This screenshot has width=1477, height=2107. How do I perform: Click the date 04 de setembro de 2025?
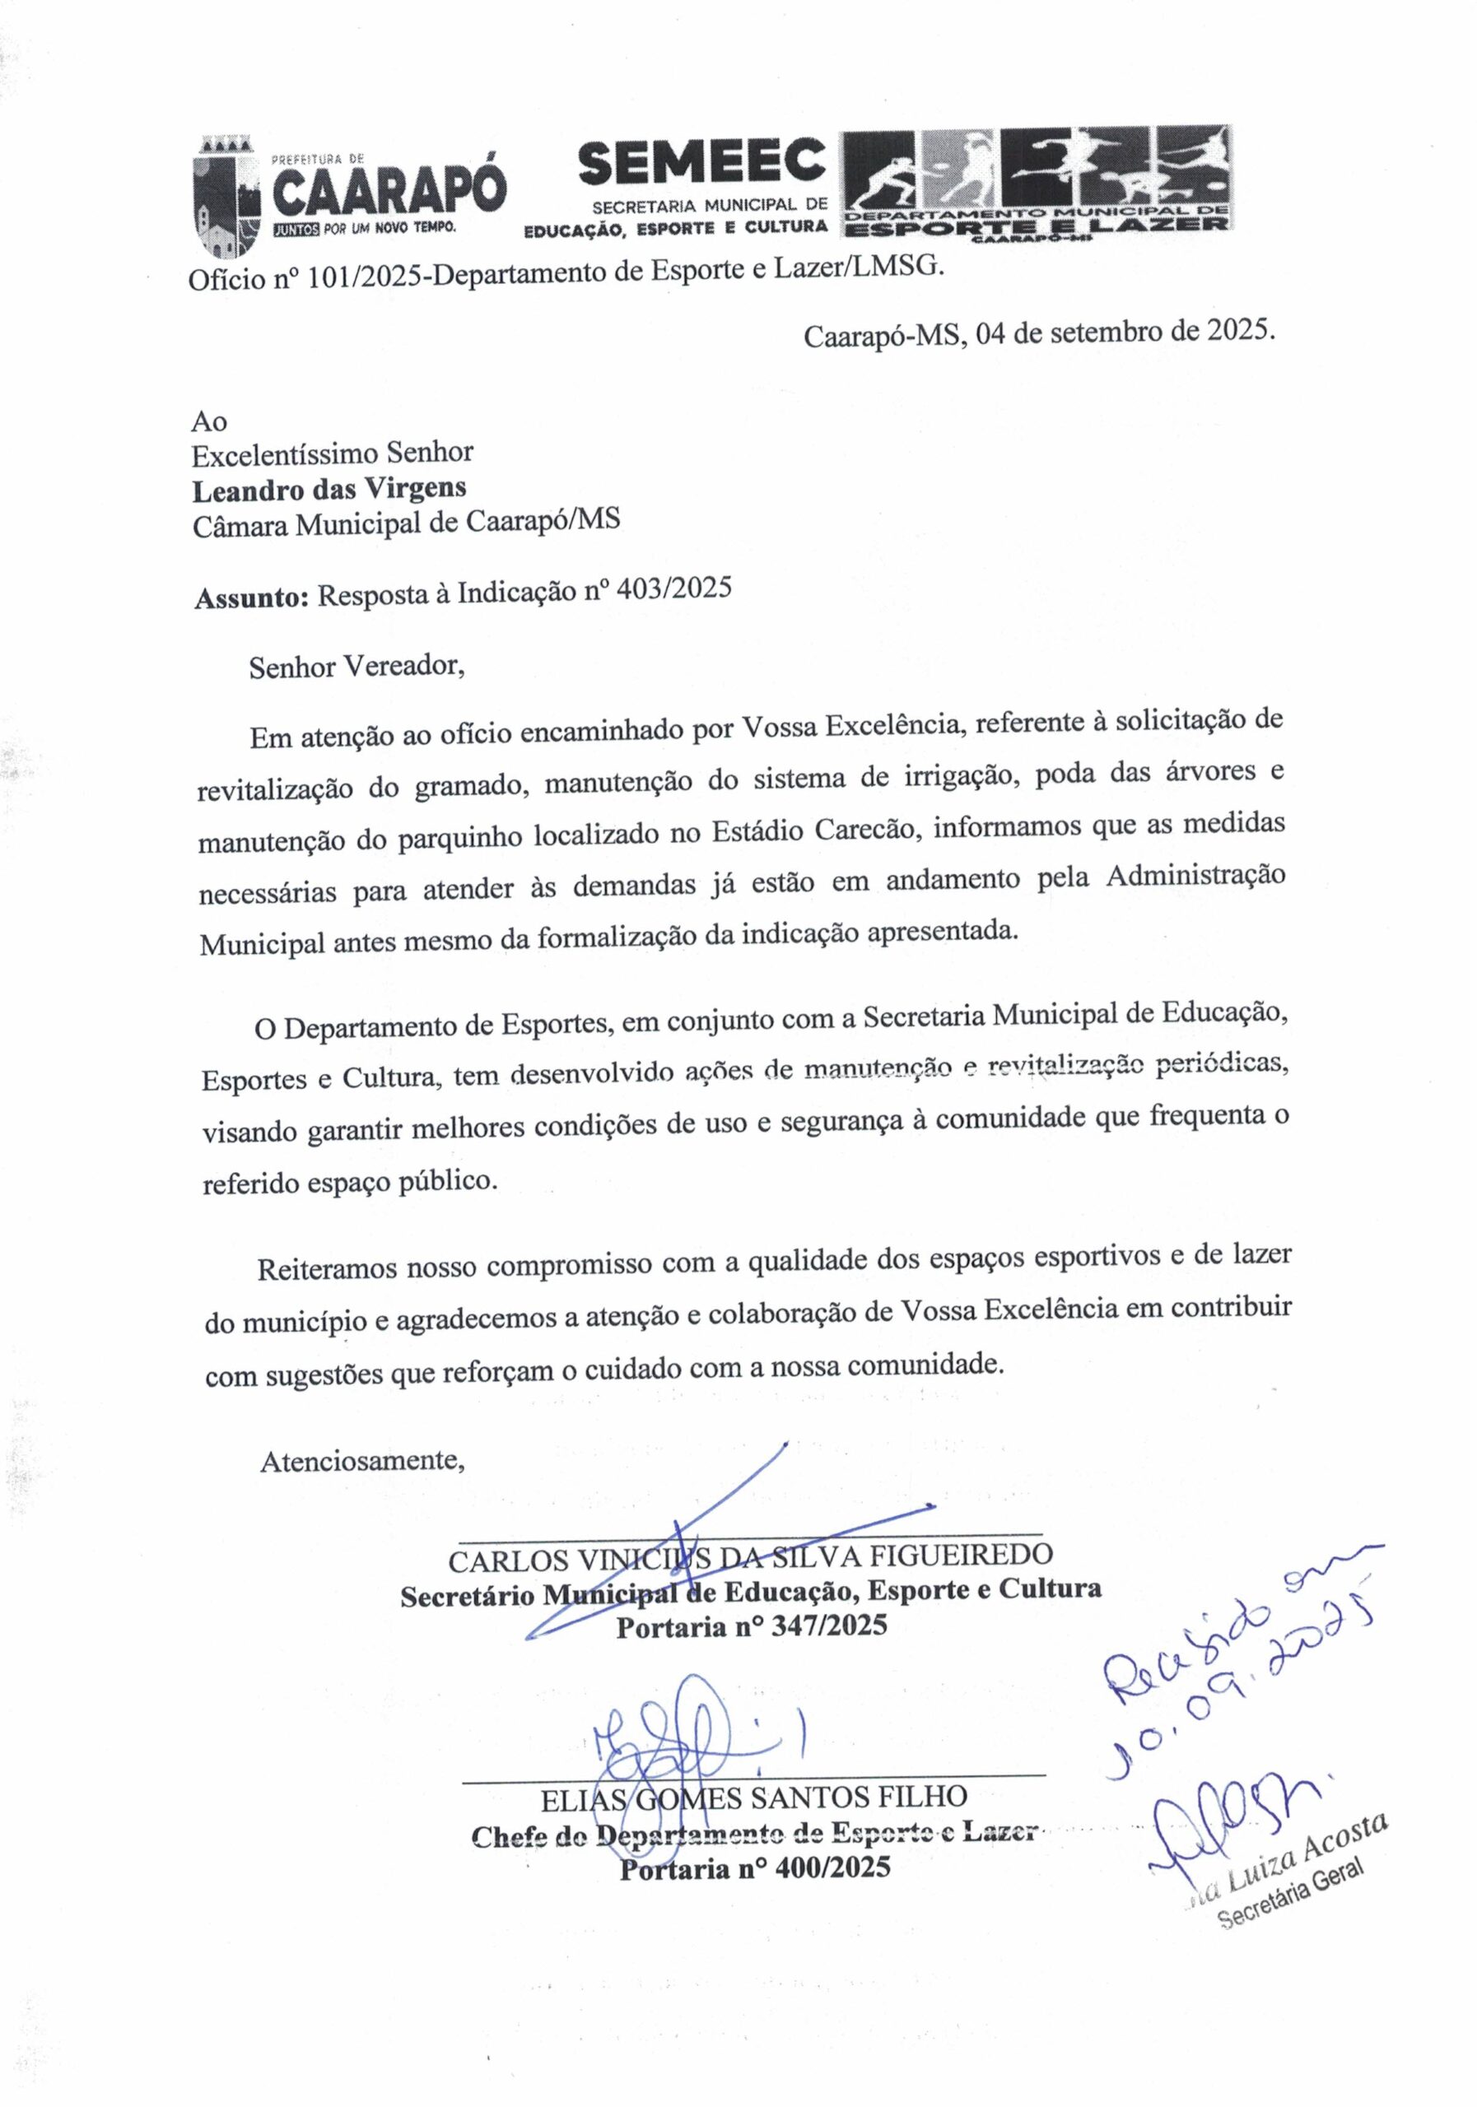1124,332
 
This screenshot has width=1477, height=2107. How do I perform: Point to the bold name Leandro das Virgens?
328,488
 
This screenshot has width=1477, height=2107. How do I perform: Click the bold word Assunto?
250,598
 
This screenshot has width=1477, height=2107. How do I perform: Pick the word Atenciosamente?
362,1459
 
